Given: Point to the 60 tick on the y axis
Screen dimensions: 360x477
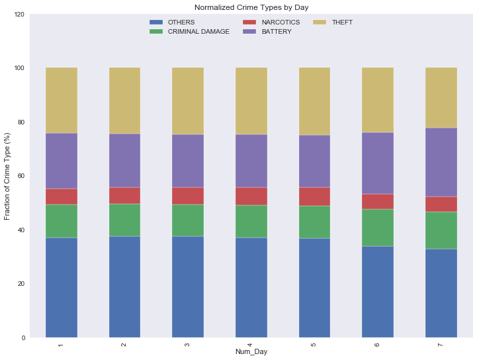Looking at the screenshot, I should [21, 176].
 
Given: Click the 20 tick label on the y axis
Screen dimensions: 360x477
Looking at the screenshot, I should [21, 284].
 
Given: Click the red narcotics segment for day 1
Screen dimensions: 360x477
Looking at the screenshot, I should [62, 197].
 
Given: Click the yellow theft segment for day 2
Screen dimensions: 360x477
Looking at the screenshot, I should [124, 101].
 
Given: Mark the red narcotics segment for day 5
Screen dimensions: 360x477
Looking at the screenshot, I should [315, 197].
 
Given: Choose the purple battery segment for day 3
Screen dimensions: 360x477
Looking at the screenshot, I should [188, 161].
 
